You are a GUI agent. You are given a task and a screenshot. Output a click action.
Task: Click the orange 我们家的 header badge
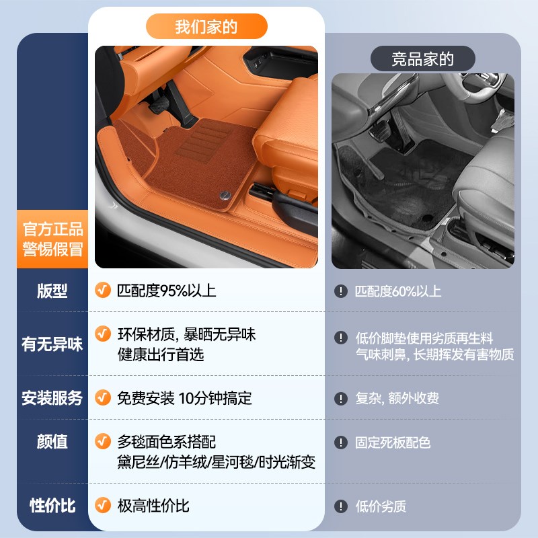[x=206, y=27]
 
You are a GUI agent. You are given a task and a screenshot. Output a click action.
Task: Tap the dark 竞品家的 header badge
[x=422, y=59]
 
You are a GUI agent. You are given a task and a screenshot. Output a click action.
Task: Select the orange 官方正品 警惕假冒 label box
[x=52, y=239]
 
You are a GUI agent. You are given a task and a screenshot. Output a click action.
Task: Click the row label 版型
[x=52, y=291]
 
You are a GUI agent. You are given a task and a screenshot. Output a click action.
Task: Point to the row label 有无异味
[x=52, y=344]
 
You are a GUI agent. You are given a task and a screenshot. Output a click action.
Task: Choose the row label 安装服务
[x=52, y=398]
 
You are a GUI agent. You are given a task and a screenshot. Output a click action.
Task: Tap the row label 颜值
[x=52, y=442]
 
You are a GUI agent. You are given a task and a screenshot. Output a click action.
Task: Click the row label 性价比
[x=52, y=506]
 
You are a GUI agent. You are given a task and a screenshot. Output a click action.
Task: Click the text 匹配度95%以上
[x=167, y=291]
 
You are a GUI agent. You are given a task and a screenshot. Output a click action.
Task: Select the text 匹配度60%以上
[x=398, y=291]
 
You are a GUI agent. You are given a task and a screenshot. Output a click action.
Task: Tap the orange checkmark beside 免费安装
[x=102, y=397]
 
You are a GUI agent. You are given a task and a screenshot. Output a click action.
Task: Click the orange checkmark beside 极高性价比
[x=102, y=505]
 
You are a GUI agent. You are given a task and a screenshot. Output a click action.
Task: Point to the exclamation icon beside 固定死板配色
[x=341, y=443]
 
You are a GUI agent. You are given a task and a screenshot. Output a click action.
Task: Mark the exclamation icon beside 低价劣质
[x=341, y=506]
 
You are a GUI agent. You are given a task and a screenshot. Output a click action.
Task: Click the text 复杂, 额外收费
[x=397, y=398]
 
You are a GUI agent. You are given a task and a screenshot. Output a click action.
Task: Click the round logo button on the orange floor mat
[x=223, y=194]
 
